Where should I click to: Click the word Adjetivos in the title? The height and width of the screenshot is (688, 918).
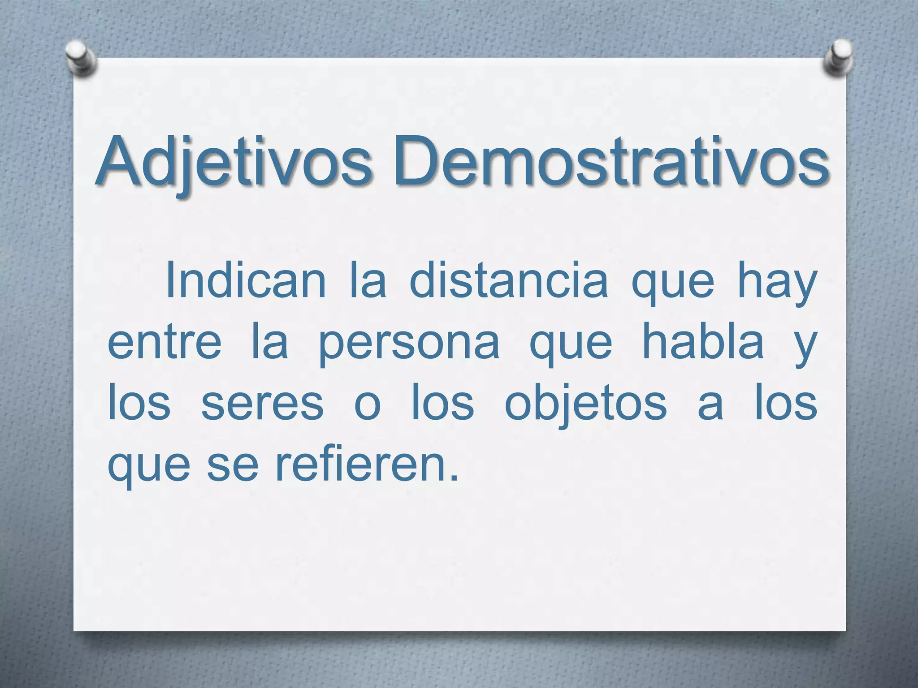(x=234, y=162)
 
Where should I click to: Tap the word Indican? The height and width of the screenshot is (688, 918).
(x=246, y=281)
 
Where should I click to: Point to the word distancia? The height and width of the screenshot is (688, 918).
(x=509, y=281)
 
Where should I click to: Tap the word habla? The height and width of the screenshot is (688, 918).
(x=703, y=342)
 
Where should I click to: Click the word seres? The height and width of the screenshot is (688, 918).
(x=262, y=405)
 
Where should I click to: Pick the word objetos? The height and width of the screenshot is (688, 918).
(x=585, y=404)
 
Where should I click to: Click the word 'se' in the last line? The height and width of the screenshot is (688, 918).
(x=233, y=467)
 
